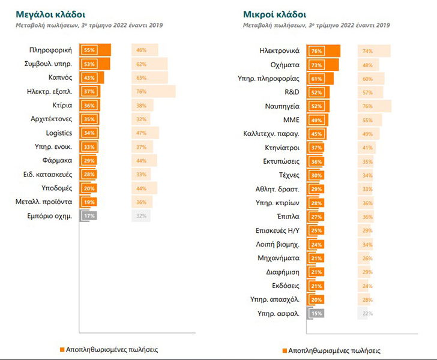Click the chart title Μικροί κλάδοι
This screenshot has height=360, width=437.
tap(267, 13)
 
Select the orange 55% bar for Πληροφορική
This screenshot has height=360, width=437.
tap(95, 50)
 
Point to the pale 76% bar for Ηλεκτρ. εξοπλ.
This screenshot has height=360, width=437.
tap(153, 91)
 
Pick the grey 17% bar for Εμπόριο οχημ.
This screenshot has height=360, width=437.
tap(88, 215)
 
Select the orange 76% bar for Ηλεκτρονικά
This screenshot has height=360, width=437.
tap(324, 50)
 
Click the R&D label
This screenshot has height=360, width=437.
tap(292, 92)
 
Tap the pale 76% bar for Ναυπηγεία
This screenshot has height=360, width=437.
tap(375, 106)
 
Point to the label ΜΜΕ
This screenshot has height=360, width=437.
tap(292, 119)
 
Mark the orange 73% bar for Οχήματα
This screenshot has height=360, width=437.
tap(322, 64)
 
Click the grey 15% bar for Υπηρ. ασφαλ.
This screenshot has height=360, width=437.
tap(315, 313)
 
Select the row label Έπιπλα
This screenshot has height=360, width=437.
tap(288, 216)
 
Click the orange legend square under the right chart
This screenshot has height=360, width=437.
tap(283, 350)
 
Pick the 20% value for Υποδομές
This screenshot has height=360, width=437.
tap(88, 188)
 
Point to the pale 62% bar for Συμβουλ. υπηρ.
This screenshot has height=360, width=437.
tap(149, 64)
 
